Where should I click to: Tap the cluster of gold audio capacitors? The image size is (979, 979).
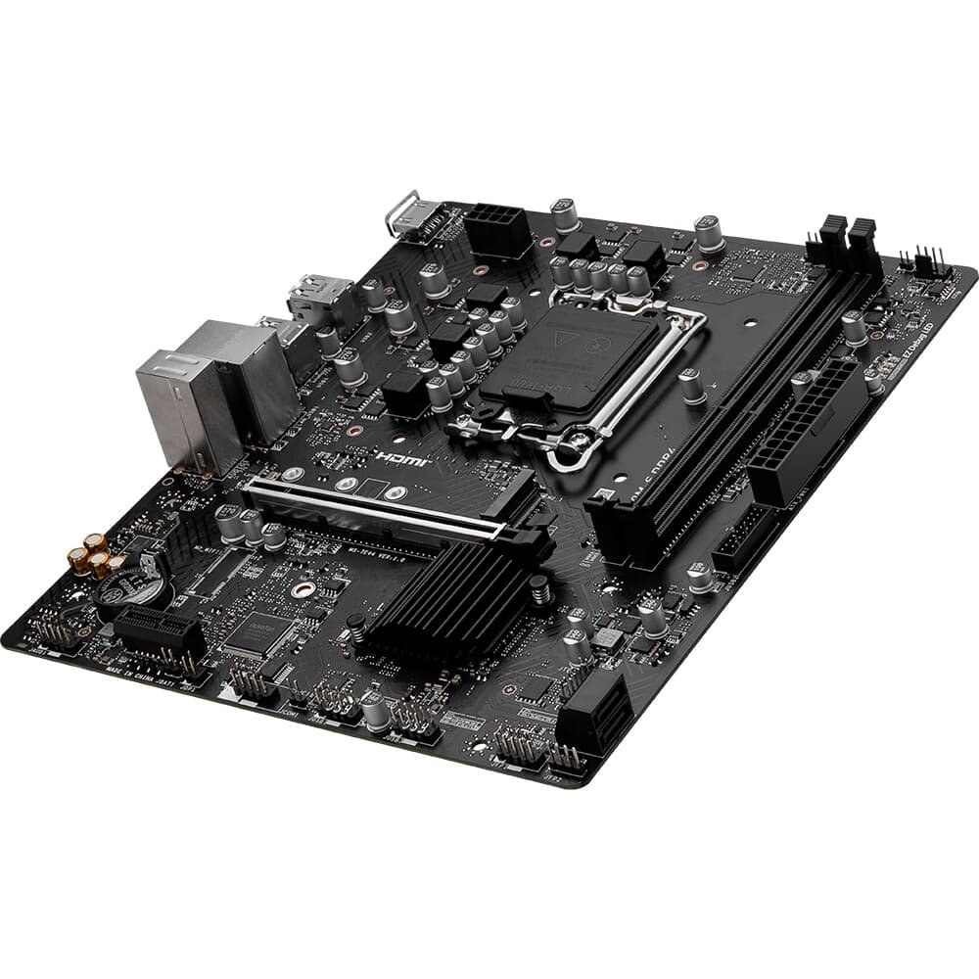[x=98, y=556]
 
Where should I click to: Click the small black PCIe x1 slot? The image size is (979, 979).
[x=157, y=632]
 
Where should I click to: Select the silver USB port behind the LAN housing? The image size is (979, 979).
[x=318, y=294]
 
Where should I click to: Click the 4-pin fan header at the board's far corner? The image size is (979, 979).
[x=922, y=259]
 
